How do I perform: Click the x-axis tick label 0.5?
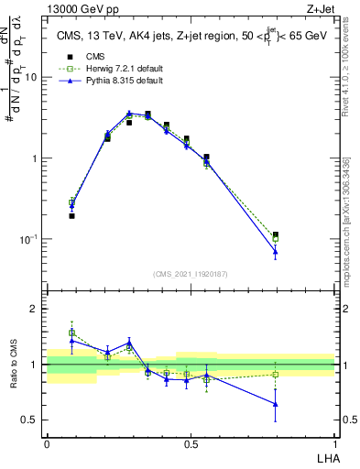191,442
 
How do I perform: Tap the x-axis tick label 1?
334,442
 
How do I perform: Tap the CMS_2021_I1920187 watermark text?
191,274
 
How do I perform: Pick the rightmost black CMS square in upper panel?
275,235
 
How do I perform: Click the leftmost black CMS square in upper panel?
71,216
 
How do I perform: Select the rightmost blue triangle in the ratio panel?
275,403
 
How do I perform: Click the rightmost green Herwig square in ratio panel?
275,374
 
